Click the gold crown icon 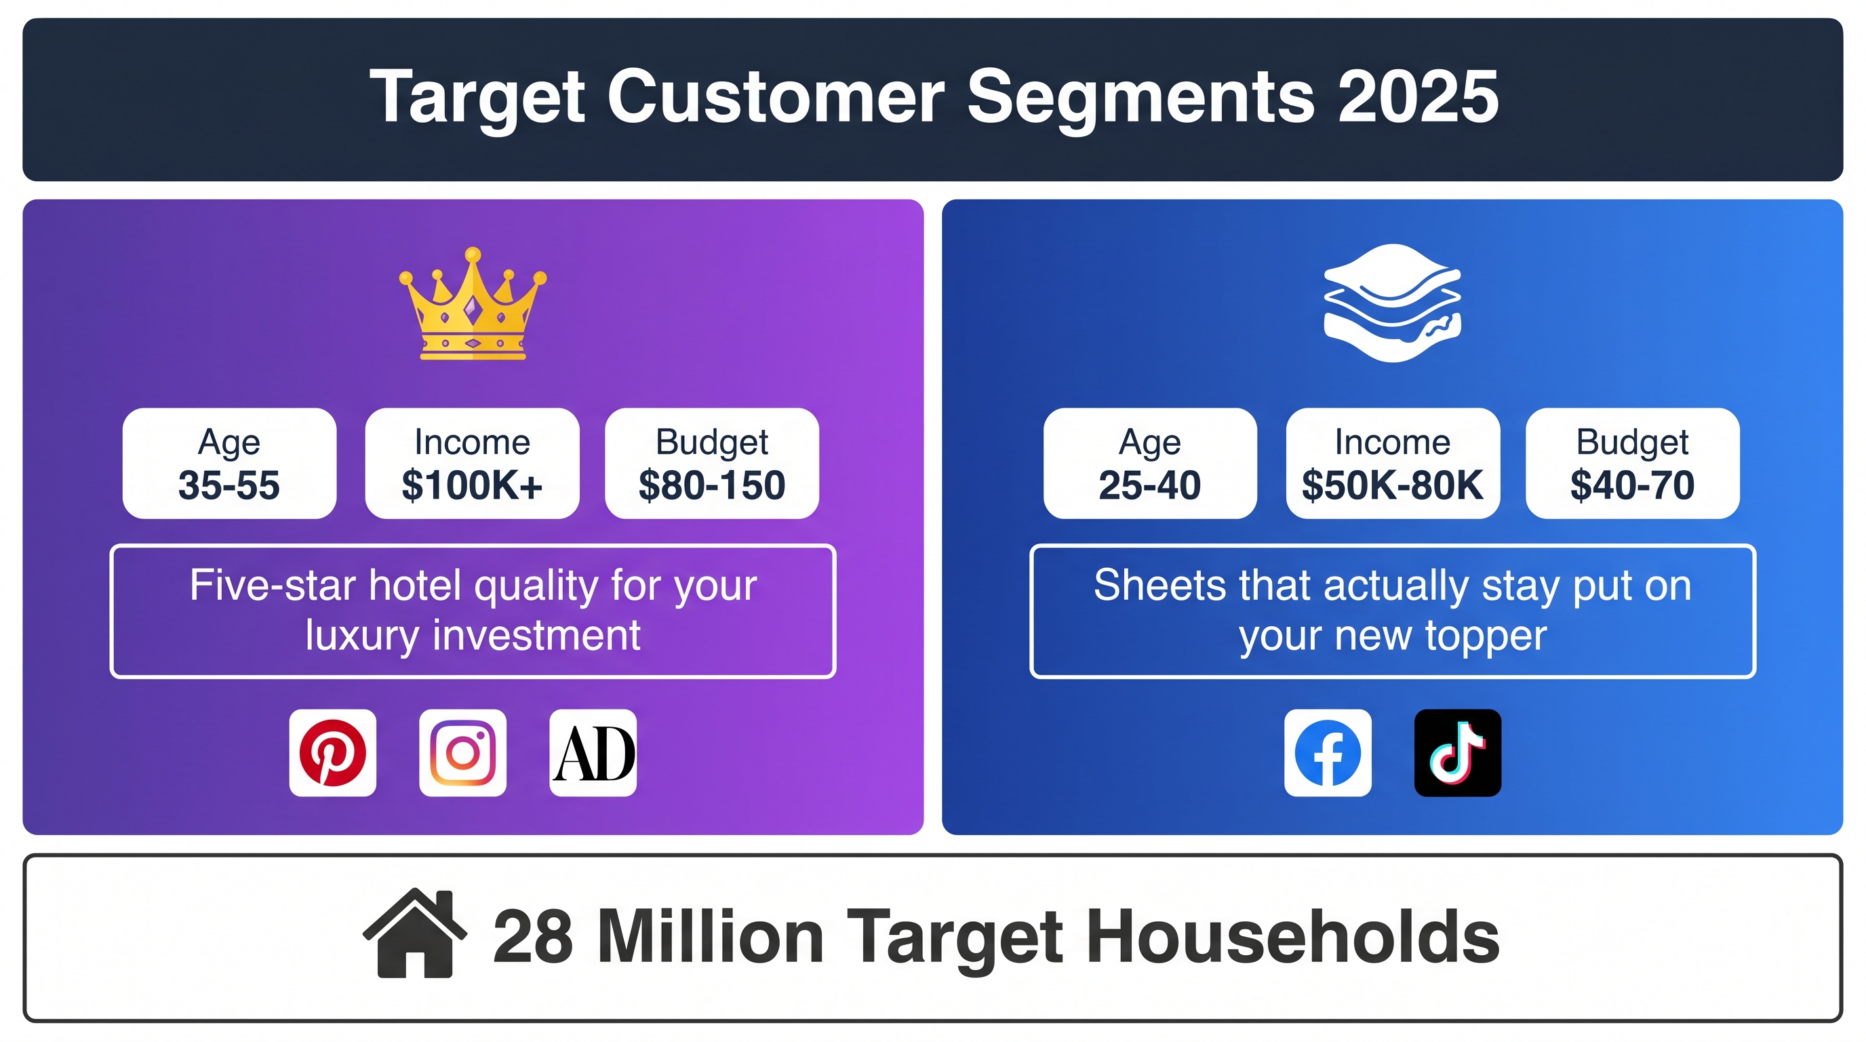[473, 304]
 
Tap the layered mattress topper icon [1392, 303]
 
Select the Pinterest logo [332, 753]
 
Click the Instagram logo [463, 753]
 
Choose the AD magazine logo [593, 753]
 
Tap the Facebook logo [1328, 753]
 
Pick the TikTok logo [1457, 753]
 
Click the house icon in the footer [415, 933]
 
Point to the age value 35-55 [229, 485]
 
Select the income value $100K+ [473, 485]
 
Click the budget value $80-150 [712, 485]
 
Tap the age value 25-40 [1149, 485]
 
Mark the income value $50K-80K [1392, 485]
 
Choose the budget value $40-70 [1632, 485]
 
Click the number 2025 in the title [1418, 97]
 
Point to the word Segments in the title [1141, 97]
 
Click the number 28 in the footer [533, 936]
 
